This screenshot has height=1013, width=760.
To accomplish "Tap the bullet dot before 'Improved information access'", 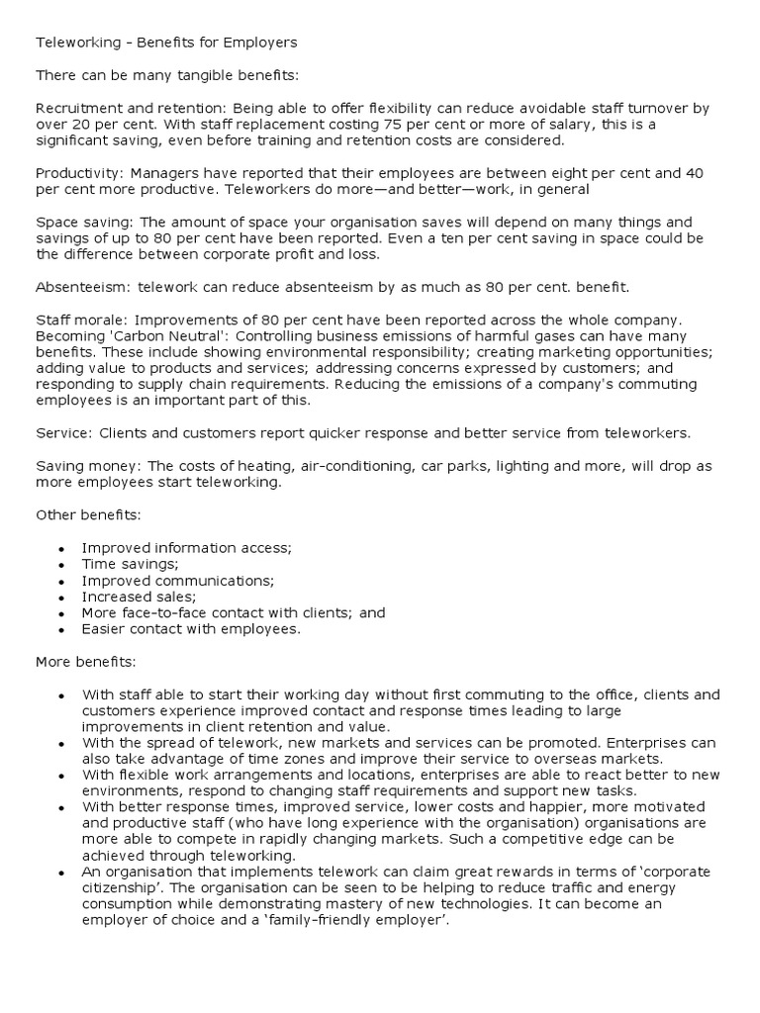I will [61, 548].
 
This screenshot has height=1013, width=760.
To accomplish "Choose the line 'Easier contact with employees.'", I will [190, 628].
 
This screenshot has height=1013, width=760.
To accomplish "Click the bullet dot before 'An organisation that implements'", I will [61, 873].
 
